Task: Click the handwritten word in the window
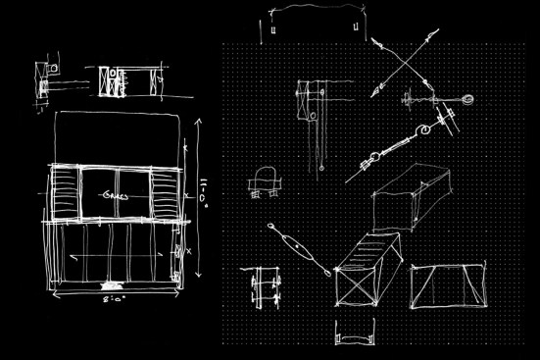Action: point(115,194)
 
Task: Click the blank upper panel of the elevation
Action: point(118,137)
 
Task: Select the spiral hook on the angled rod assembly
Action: point(427,129)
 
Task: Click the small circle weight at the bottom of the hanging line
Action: point(320,169)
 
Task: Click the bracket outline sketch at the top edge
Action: point(312,25)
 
